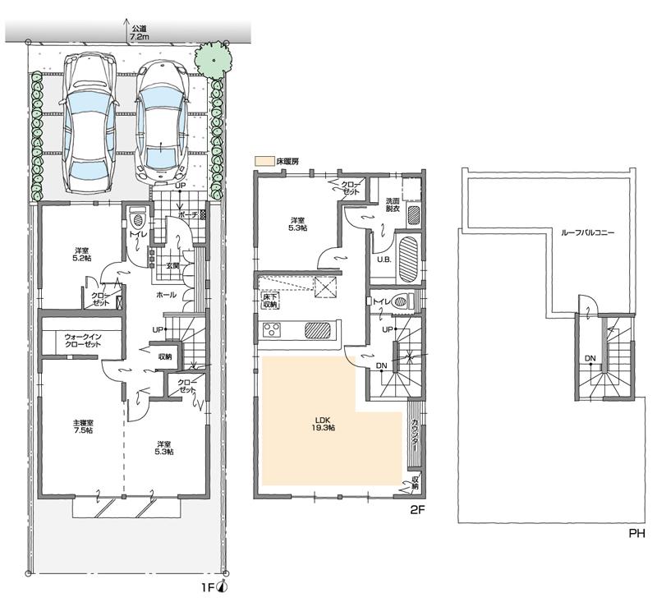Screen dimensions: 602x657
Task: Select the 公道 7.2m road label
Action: (x=139, y=33)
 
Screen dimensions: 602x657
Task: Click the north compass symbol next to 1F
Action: (x=223, y=586)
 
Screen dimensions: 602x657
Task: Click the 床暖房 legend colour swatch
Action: (x=263, y=162)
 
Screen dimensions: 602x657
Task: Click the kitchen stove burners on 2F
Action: (x=272, y=330)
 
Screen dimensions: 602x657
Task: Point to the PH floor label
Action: (x=636, y=533)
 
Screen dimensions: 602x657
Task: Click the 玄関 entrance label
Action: (x=173, y=264)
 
